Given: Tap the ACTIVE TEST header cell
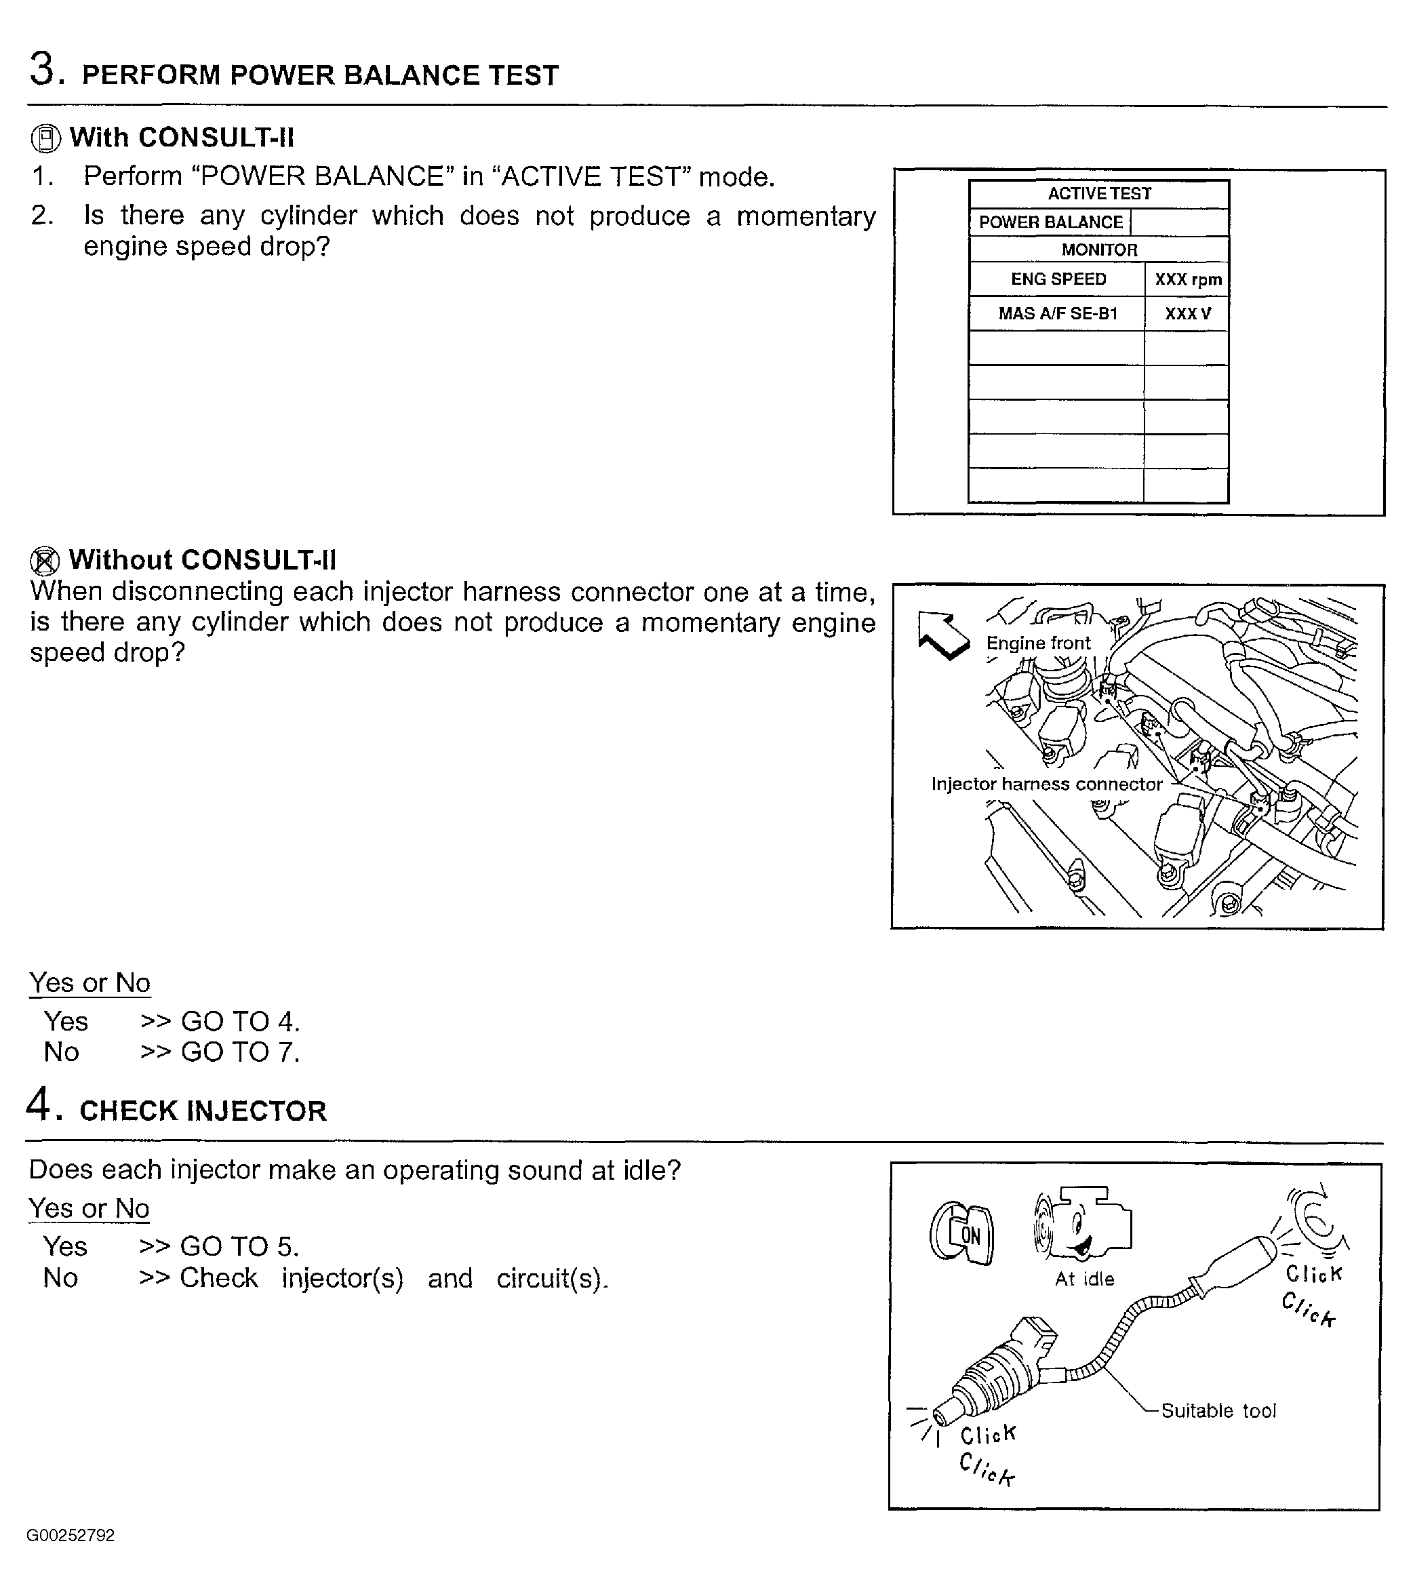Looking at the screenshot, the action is coord(1099,194).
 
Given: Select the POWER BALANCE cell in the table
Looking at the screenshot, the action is coord(1050,222).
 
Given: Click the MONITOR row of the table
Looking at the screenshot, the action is coord(1099,250).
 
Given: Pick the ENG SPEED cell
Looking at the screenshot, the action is coord(1058,279).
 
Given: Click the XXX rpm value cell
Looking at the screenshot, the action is coord(1187,279).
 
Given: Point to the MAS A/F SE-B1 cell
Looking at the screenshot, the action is coord(1058,313).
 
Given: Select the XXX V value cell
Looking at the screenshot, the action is coord(1187,313).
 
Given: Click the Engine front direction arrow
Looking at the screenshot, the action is coord(942,635).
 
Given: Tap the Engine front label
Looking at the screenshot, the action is coord(1037,643).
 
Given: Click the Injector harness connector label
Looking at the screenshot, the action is coord(1046,784).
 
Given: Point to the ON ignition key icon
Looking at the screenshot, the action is coord(961,1235).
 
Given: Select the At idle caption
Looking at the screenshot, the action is coord(1084,1279).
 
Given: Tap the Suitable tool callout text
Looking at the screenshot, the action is coord(1218,1410).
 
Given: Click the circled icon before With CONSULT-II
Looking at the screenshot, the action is coord(46,138).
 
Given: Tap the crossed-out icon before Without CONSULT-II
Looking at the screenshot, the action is coord(44,561).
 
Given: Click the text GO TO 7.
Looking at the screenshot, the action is coord(240,1052).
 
